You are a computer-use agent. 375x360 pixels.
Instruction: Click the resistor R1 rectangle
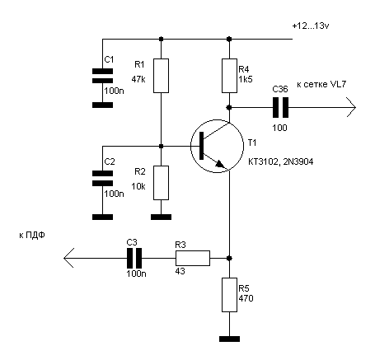(x=161, y=76)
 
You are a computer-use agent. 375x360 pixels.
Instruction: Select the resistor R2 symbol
(x=161, y=183)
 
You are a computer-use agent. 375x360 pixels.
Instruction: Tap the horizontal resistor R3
(x=193, y=258)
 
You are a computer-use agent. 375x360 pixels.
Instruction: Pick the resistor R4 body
(x=229, y=76)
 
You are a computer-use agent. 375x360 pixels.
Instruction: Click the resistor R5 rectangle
(x=229, y=295)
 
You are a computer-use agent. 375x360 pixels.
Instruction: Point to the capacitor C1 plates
(x=102, y=76)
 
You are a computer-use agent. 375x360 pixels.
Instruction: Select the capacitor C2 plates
(x=102, y=178)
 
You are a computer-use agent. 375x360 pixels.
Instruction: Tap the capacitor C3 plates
(x=134, y=258)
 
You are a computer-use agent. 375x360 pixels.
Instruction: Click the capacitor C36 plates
(x=280, y=108)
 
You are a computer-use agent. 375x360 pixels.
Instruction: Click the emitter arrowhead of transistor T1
(x=220, y=164)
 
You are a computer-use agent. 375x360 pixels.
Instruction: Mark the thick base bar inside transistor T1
(x=201, y=146)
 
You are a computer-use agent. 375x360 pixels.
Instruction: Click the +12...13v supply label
(x=311, y=26)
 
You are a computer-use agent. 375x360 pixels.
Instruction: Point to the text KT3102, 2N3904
(x=280, y=161)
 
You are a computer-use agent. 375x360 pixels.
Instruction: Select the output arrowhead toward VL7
(x=351, y=107)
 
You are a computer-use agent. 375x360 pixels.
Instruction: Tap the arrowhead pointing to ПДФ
(x=68, y=258)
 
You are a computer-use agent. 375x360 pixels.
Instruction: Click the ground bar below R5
(x=229, y=339)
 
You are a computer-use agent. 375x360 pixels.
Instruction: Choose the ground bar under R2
(x=161, y=217)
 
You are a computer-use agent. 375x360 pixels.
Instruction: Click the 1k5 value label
(x=246, y=79)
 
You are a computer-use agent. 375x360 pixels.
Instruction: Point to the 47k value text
(x=138, y=79)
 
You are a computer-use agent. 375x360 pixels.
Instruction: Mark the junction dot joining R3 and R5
(x=229, y=258)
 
